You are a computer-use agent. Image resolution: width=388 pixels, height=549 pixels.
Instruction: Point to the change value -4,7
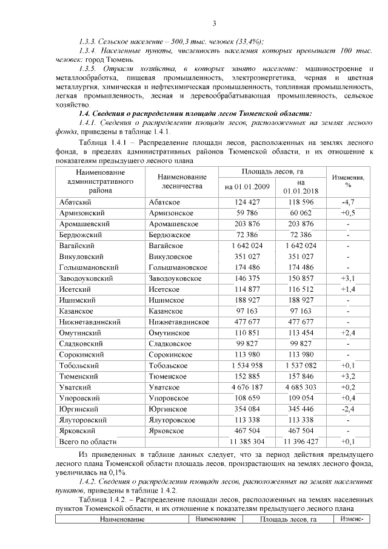tap(348, 201)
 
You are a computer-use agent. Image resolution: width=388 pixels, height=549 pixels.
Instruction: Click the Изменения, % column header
tap(348, 180)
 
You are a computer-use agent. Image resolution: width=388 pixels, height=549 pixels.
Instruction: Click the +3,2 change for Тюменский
tap(348, 376)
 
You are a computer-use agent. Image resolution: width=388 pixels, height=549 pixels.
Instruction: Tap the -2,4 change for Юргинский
tap(348, 408)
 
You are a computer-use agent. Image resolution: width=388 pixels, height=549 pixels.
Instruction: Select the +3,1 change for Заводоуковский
tap(348, 278)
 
